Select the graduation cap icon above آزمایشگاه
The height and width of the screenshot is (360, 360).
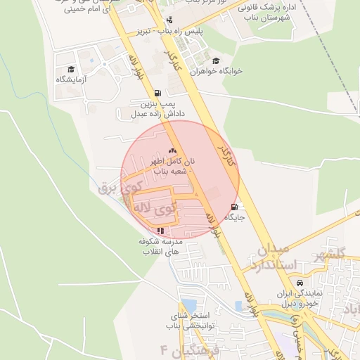(x=70, y=69)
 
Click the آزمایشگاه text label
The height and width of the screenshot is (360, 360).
(x=70, y=80)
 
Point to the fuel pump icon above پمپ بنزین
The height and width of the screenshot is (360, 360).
(x=157, y=93)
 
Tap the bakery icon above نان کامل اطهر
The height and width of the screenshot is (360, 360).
(x=173, y=150)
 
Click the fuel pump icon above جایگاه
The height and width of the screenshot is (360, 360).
(x=233, y=207)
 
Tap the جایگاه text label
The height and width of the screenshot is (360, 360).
(x=233, y=218)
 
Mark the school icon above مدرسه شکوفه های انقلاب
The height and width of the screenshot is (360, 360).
(x=161, y=230)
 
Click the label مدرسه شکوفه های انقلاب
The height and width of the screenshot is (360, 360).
(x=162, y=246)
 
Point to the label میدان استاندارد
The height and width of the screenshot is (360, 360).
(x=268, y=258)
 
